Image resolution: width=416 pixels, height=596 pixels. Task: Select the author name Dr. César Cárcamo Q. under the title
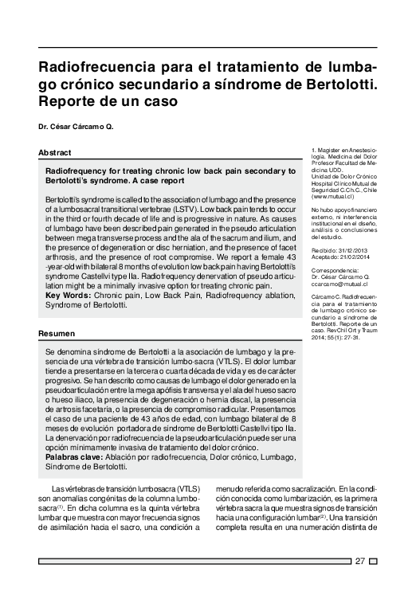(77, 127)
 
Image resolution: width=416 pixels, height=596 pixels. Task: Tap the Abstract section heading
(55, 152)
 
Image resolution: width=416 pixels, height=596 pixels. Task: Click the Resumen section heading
(57, 332)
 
